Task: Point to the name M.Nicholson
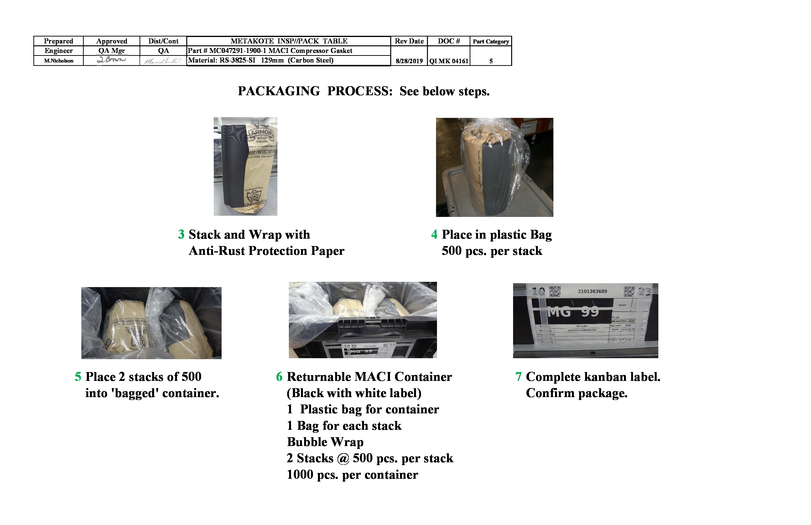click(59, 61)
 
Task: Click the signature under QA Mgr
click(111, 60)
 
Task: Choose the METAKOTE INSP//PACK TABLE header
click(289, 41)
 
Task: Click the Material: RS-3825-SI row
click(261, 60)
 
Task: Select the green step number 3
click(181, 235)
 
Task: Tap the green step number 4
click(434, 235)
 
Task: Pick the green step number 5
click(78, 377)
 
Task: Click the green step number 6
click(279, 377)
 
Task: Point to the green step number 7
click(518, 377)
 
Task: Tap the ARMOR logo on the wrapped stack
click(262, 133)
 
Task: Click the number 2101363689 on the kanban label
click(592, 291)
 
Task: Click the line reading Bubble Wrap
click(325, 442)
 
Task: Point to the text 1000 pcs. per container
click(352, 475)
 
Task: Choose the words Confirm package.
click(576, 393)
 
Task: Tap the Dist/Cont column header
click(163, 41)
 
